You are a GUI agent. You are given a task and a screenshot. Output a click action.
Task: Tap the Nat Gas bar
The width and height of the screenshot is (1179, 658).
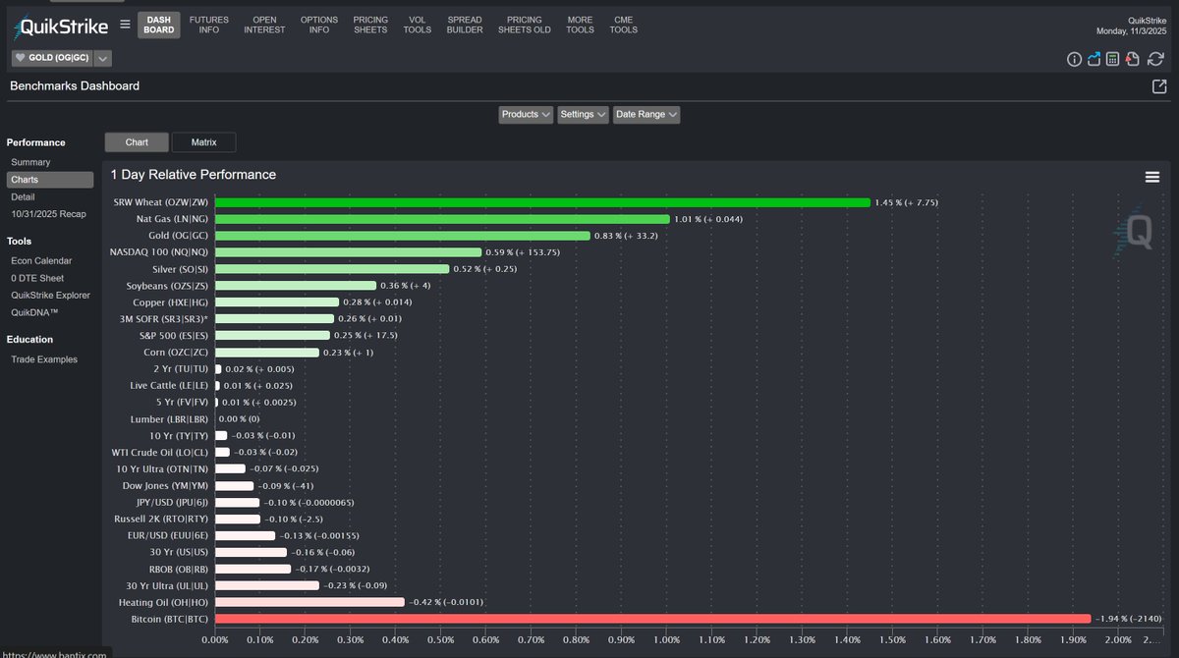coord(442,219)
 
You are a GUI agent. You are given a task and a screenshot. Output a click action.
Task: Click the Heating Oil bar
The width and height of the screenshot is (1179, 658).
coord(309,602)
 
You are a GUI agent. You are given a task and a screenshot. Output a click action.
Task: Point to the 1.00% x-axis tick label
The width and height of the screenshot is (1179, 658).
coord(666,640)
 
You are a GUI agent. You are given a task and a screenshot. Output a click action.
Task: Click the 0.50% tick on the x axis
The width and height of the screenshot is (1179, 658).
coord(440,640)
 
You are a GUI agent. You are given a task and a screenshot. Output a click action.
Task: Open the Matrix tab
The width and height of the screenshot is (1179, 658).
coord(203,142)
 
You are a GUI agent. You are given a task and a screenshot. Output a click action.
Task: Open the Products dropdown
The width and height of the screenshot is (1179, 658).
coord(526,114)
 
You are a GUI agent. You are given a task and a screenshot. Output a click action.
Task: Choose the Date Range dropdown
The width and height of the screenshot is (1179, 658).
coord(646,114)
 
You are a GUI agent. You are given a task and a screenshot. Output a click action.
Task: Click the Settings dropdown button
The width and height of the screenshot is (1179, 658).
coord(583,114)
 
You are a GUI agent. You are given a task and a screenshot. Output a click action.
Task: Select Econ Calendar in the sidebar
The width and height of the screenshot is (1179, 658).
coord(41,260)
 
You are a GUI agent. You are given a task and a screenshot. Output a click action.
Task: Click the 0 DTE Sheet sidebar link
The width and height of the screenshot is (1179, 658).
coord(38,278)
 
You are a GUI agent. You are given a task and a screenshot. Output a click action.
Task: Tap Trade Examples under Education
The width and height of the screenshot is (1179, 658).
coord(44,359)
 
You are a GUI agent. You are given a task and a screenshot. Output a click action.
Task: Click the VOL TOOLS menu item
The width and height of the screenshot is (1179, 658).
coord(417,25)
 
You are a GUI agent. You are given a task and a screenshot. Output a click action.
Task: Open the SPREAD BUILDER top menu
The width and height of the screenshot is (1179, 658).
coord(465,25)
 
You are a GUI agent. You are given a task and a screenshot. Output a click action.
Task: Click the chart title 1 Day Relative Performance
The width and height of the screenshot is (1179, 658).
coord(193,175)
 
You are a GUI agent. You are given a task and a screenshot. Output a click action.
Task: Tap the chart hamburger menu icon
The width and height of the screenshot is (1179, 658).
coord(1151,177)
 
